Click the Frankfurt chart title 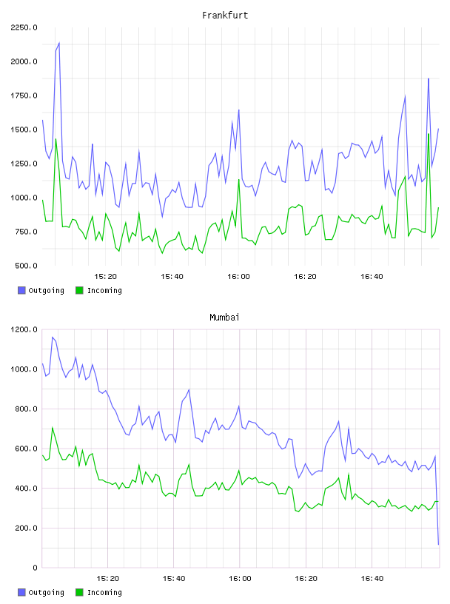tap(225, 16)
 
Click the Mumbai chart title tap(224, 318)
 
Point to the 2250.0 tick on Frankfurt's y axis tap(24, 27)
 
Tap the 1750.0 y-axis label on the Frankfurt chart tap(24, 95)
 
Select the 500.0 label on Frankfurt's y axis tap(26, 266)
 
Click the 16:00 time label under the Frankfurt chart tap(238, 277)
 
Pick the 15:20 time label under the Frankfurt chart tap(106, 277)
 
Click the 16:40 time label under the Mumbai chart tap(372, 579)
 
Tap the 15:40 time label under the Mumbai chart tap(174, 579)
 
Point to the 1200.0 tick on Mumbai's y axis tap(24, 329)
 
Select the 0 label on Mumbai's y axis tap(35, 568)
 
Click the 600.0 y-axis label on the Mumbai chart tap(26, 449)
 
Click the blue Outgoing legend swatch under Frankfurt tap(21, 290)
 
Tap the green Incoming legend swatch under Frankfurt tap(79, 290)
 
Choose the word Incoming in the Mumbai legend tap(105, 592)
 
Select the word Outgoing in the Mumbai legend tap(46, 592)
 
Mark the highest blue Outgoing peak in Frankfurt tap(59, 43)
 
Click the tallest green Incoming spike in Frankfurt tap(429, 134)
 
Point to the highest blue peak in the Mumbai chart tap(53, 337)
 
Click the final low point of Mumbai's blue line tap(438, 545)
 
